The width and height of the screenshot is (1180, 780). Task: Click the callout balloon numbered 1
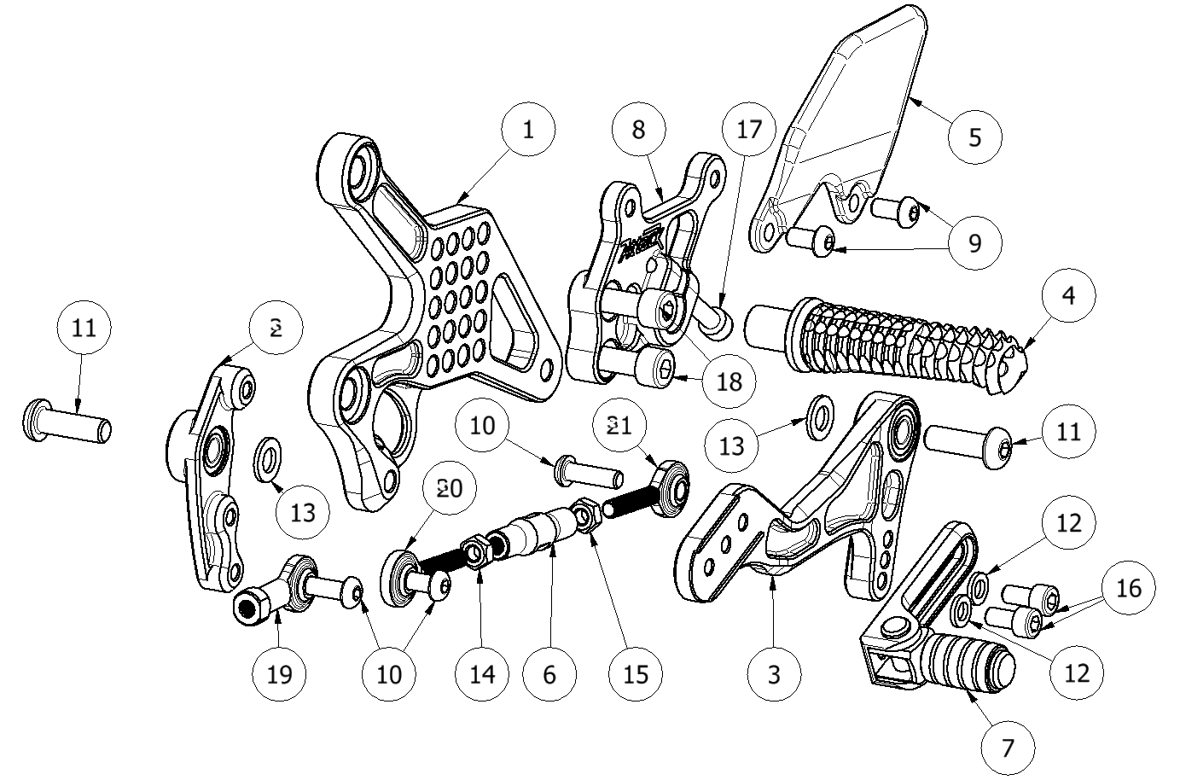pos(528,131)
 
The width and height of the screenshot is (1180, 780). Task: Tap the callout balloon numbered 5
pos(975,136)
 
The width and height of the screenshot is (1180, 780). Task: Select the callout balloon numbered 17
pos(747,131)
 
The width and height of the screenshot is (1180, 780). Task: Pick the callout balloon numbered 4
pos(1068,296)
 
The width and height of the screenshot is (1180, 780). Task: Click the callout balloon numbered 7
pos(1008,748)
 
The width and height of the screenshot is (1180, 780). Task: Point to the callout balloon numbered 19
pos(279,673)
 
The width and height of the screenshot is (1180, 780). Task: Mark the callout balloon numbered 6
pos(549,673)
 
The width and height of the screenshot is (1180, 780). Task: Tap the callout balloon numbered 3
pos(773,673)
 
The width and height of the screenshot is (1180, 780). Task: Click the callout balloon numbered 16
pos(1128,588)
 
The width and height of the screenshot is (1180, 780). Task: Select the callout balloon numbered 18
pos(730,381)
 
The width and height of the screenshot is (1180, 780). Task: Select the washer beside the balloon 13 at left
pos(269,456)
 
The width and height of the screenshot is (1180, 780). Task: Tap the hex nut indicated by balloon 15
pos(585,515)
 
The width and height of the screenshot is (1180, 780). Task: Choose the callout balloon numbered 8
pos(639,131)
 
